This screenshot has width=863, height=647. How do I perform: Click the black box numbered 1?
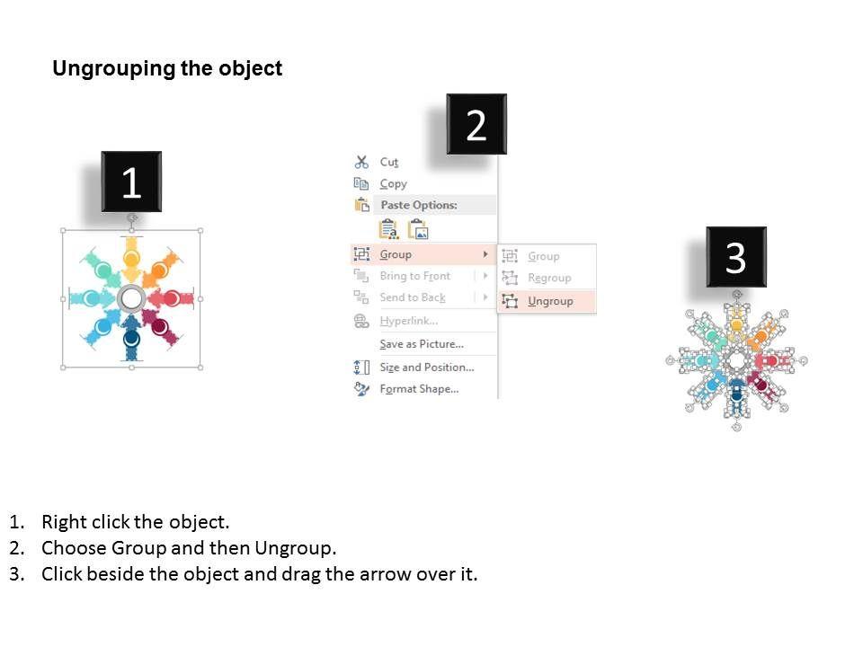pos(131,182)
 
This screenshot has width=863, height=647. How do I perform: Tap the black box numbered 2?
pos(476,124)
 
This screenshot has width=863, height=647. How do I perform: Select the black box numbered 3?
pos(736,257)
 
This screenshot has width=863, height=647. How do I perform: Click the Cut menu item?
pos(388,163)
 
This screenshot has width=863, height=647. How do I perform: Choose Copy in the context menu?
pos(393,183)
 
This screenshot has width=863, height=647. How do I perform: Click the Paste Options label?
pos(419,205)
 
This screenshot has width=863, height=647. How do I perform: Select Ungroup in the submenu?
pos(550,302)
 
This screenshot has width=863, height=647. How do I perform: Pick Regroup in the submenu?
pos(549,279)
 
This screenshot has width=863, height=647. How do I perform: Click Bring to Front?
pos(415,276)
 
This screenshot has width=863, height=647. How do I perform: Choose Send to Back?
pos(413,297)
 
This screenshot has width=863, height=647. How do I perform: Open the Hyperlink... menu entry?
pos(409,321)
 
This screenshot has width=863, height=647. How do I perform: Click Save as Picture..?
pos(422,344)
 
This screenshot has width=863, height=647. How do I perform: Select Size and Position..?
pos(426,367)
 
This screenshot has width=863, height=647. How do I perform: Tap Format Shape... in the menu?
pos(419,389)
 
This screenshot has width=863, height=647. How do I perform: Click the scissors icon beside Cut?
pos(361,162)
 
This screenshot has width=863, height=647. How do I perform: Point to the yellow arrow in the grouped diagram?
pos(131,259)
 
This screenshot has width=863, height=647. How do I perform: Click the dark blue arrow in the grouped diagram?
pos(131,337)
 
